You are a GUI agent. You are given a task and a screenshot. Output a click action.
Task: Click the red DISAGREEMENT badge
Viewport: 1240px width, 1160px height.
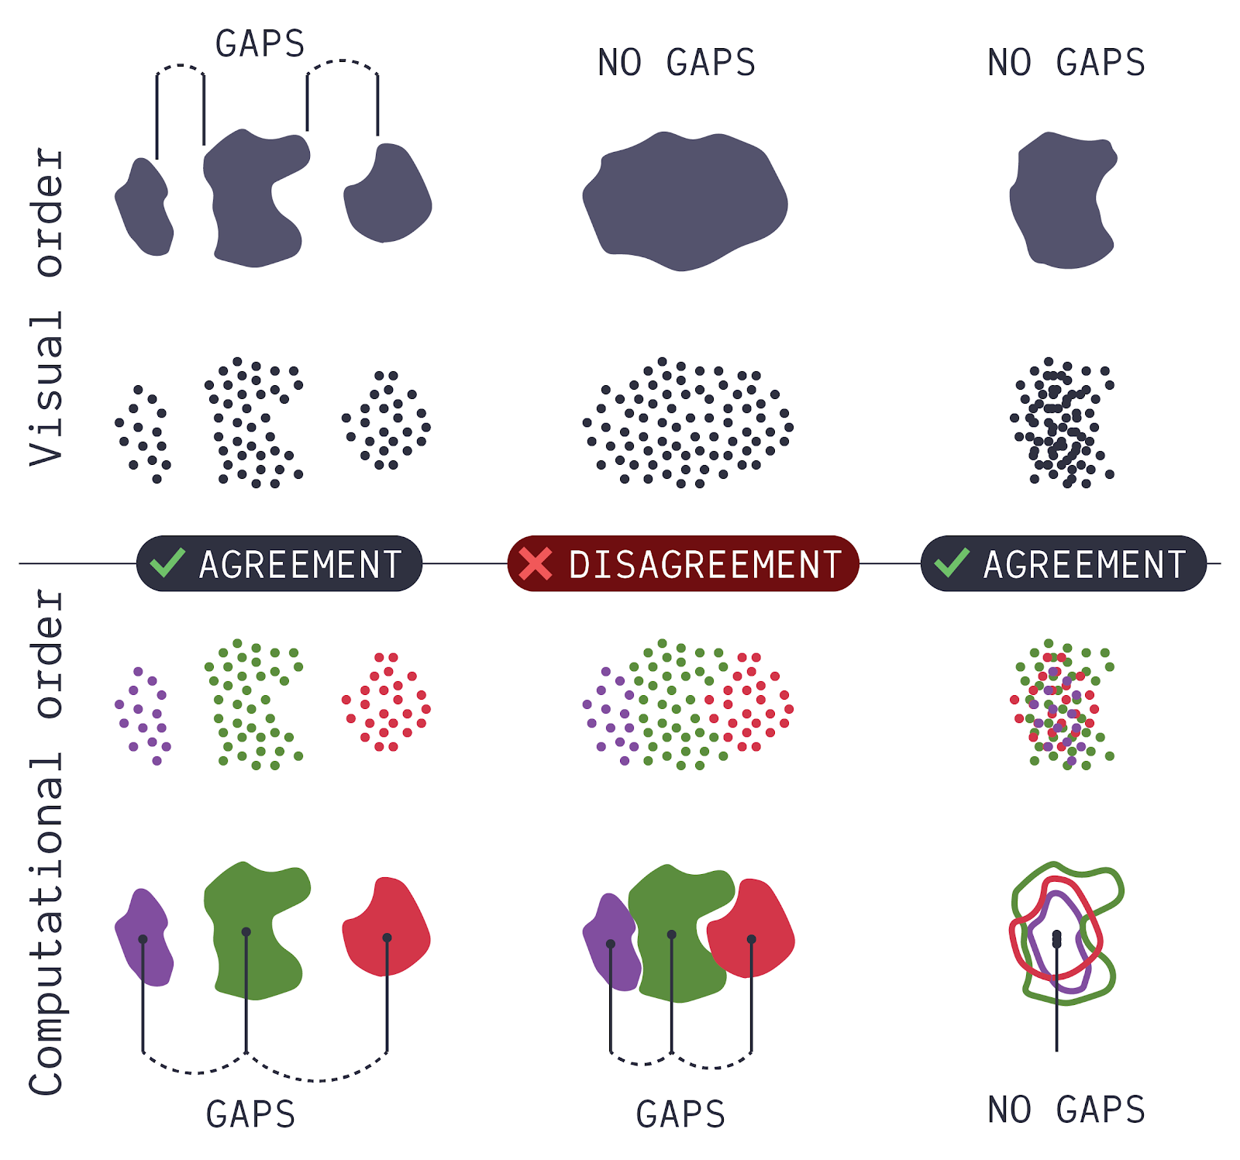683,563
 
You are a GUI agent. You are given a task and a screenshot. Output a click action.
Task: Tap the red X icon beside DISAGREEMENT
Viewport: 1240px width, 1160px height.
536,563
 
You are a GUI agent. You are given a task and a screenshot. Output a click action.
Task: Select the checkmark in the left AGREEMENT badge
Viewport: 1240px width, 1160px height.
167,563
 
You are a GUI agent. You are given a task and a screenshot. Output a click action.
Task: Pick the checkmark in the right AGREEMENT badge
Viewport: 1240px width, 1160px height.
952,563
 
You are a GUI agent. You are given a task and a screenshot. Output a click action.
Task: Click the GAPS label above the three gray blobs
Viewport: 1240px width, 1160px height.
260,44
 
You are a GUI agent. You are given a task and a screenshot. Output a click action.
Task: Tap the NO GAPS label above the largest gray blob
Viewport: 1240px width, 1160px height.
677,63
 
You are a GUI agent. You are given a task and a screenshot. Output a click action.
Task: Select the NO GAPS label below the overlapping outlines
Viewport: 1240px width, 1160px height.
1066,1110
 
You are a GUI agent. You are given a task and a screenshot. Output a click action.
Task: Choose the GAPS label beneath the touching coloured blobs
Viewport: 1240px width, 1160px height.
680,1114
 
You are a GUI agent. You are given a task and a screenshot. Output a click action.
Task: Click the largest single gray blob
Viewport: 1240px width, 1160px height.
684,201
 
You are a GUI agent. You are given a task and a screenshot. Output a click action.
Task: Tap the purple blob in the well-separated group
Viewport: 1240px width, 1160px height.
144,938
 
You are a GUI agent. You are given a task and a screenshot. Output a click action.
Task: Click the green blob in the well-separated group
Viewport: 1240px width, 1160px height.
253,930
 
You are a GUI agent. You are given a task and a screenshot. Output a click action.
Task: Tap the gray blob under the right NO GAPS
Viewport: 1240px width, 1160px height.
1063,201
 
